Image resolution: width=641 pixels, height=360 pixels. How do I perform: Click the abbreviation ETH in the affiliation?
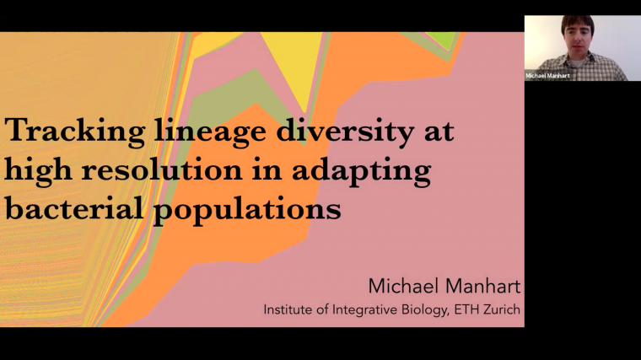point(474,309)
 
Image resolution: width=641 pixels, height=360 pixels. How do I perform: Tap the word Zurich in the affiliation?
point(505,309)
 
